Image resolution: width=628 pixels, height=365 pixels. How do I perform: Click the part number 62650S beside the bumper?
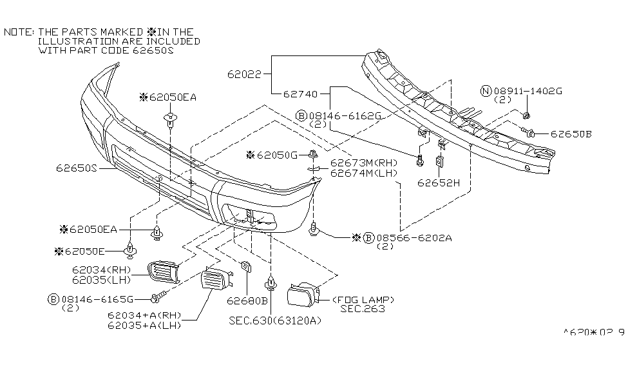(x=76, y=168)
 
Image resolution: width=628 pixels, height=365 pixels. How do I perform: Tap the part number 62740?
(x=300, y=94)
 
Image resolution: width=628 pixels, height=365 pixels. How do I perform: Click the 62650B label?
(x=570, y=134)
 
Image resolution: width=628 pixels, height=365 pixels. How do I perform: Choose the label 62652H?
(x=437, y=182)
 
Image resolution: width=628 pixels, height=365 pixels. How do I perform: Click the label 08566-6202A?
(x=414, y=237)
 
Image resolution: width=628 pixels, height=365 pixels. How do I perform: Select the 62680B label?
(x=247, y=299)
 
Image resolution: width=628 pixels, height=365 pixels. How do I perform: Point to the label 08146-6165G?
(x=97, y=299)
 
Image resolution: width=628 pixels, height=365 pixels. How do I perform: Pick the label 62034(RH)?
(x=101, y=270)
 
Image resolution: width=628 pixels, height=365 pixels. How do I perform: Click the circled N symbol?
(x=485, y=91)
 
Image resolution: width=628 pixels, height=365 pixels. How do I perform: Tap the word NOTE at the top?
(x=18, y=31)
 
